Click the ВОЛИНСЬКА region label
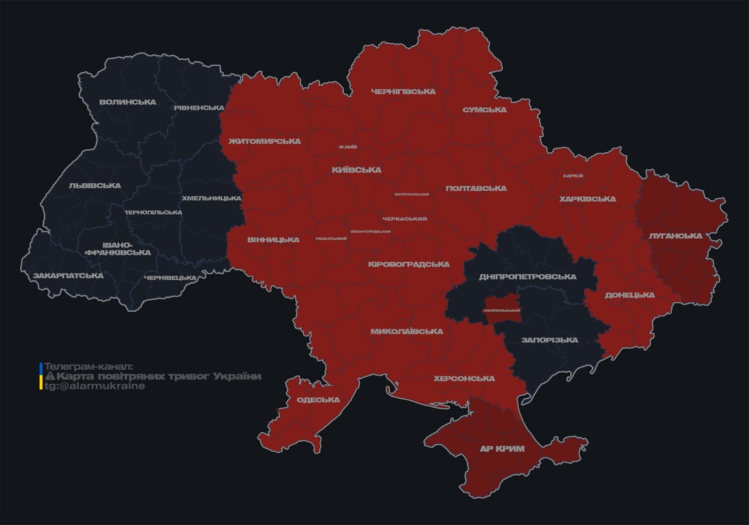click(127, 103)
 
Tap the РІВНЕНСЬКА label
click(199, 108)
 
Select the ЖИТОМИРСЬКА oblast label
click(264, 142)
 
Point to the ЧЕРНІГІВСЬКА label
click(403, 92)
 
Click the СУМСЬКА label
click(484, 110)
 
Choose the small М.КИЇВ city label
click(348, 147)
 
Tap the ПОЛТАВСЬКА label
click(476, 189)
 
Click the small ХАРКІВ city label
click(572, 176)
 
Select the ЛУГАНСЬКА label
click(675, 236)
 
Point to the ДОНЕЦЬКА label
click(629, 295)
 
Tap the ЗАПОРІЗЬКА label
click(549, 340)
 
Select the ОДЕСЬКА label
click(318, 400)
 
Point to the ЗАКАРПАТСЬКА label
click(68, 275)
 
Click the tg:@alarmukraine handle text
click(94, 386)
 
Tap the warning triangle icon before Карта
click(49, 377)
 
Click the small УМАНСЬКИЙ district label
click(331, 239)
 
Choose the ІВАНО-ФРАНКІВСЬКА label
click(117, 248)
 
